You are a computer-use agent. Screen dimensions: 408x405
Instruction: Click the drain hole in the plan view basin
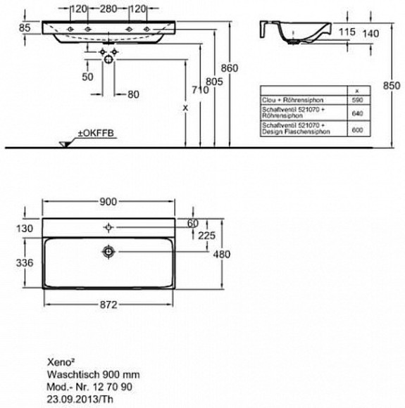click(x=108, y=250)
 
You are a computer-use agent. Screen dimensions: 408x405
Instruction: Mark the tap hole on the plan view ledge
click(x=108, y=227)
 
